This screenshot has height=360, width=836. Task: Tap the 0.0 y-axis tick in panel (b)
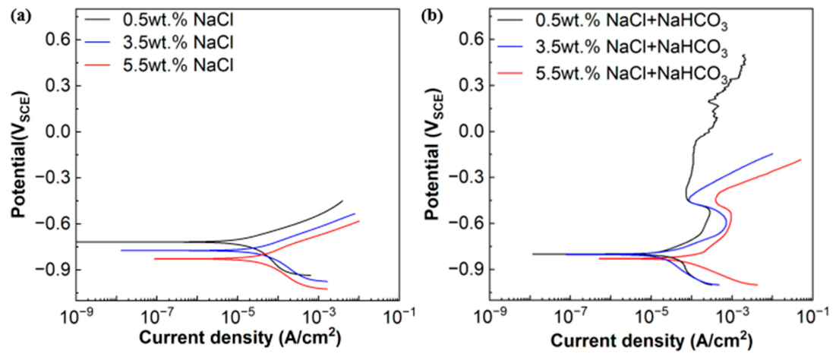coord(471,131)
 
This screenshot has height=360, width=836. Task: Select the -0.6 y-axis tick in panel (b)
coord(467,223)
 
